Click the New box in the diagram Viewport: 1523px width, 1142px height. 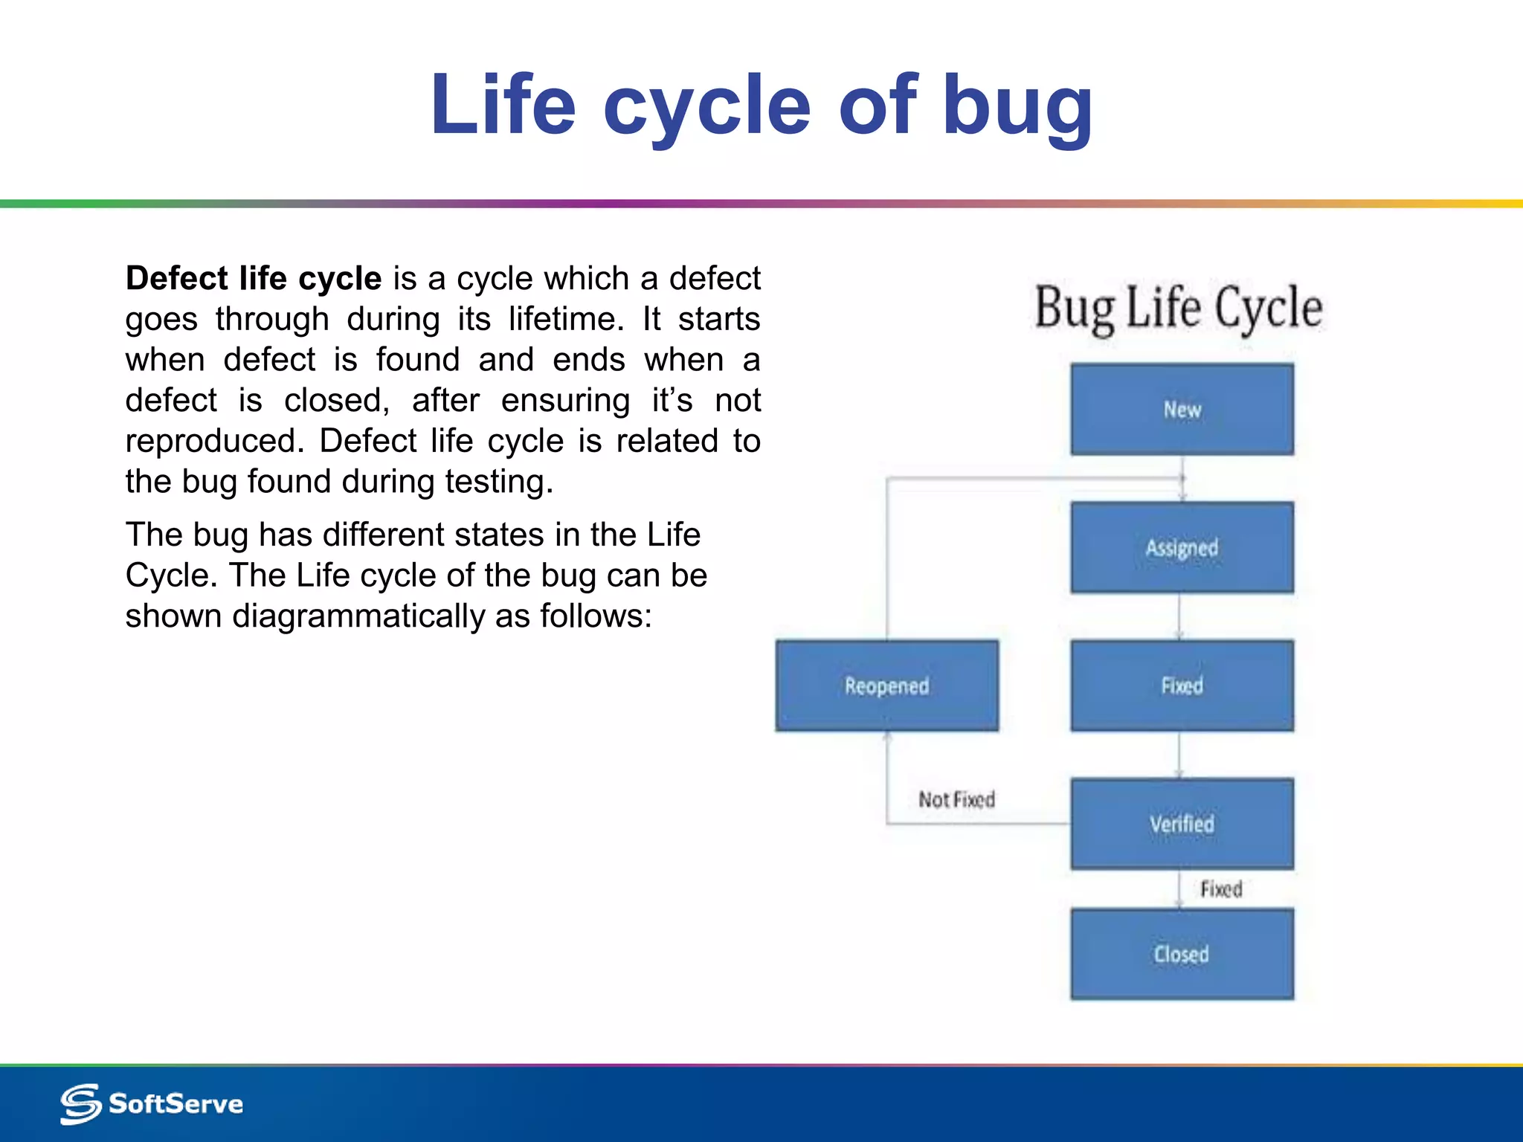(x=1182, y=409)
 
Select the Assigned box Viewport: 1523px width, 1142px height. (x=1182, y=547)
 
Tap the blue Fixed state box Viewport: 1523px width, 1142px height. (x=1182, y=685)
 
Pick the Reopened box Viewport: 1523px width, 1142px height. (x=886, y=685)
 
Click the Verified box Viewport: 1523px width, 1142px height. (x=1182, y=824)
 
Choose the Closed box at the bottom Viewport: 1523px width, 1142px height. (x=1182, y=954)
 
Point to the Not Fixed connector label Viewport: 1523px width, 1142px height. (x=956, y=800)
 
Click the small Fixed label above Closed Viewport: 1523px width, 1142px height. (x=1221, y=889)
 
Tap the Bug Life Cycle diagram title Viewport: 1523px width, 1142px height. (x=1179, y=308)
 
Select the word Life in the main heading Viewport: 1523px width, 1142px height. (x=503, y=106)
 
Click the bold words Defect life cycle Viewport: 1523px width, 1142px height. (x=253, y=278)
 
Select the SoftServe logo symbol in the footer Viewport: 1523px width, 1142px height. (x=80, y=1103)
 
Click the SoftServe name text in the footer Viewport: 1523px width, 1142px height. (x=176, y=1103)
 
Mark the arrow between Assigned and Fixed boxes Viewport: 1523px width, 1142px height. (x=1179, y=616)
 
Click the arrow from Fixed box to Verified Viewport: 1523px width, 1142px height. (x=1179, y=755)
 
